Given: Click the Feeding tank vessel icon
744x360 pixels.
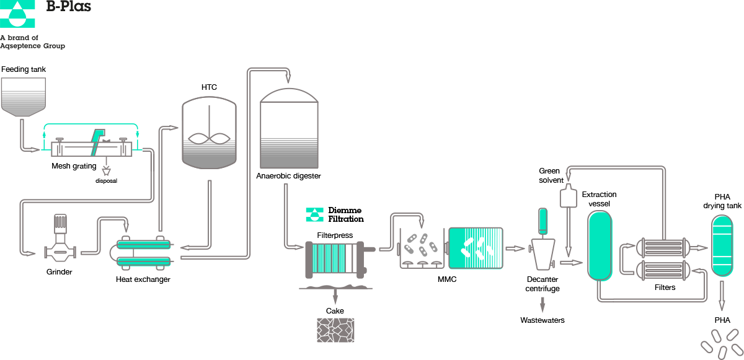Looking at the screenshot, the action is [24, 97].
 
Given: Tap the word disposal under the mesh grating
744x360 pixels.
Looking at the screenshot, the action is [106, 181].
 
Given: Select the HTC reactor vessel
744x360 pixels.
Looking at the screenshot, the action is [210, 133].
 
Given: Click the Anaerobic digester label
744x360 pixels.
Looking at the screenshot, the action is [288, 176].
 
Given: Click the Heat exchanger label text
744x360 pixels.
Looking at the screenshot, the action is [143, 279].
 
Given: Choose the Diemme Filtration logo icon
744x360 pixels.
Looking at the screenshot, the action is [314, 214].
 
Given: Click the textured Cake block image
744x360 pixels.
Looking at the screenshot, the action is [335, 330].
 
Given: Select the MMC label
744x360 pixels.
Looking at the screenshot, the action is [447, 279].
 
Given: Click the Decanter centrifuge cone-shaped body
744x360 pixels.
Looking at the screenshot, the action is [543, 255].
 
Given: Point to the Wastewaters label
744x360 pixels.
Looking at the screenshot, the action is [542, 320].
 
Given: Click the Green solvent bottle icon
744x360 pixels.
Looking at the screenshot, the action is [569, 196].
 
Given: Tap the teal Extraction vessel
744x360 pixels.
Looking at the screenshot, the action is [600, 245].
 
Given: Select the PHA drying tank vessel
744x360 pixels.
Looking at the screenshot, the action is [722, 245].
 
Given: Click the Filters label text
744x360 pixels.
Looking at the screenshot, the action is [665, 288].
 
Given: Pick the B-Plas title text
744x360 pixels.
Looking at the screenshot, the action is [68, 7].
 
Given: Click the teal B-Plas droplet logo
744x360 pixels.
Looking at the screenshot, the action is [17, 14].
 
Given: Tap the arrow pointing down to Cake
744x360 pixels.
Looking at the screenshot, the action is [335, 296].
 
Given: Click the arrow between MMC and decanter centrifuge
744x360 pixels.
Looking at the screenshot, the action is [515, 248].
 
